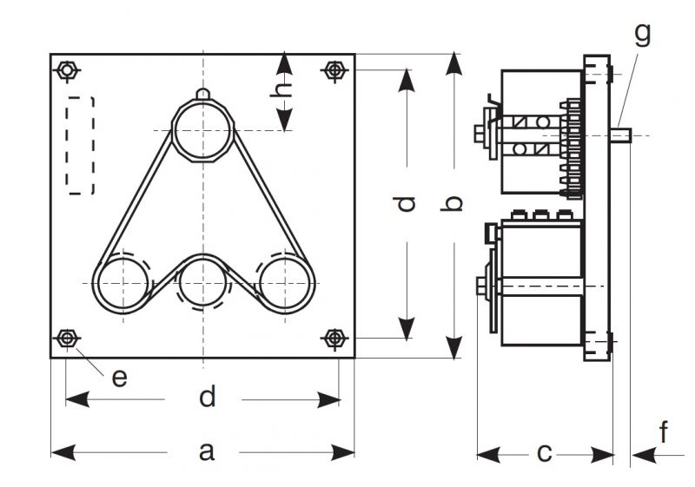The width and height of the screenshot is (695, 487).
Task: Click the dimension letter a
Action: point(206,451)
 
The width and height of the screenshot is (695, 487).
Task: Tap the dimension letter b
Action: point(453,204)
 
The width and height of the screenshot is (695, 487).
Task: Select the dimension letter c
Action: point(545,452)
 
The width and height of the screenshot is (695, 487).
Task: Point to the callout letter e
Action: point(120,377)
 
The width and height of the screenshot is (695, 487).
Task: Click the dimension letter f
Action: point(664,432)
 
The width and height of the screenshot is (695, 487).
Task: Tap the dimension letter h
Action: point(283,102)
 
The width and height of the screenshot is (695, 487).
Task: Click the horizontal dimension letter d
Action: point(206,398)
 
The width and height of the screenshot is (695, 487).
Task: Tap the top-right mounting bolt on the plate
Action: point(334,69)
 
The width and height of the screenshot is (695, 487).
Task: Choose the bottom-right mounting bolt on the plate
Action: point(334,338)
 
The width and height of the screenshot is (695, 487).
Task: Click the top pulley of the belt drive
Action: point(202,130)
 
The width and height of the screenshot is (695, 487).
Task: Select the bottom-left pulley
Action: point(122,284)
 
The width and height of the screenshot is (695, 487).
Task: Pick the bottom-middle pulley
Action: point(202,284)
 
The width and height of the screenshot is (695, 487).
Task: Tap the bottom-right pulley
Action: point(284,284)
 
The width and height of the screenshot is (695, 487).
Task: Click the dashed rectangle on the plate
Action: point(81,145)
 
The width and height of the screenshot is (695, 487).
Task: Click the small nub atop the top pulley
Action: point(202,94)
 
